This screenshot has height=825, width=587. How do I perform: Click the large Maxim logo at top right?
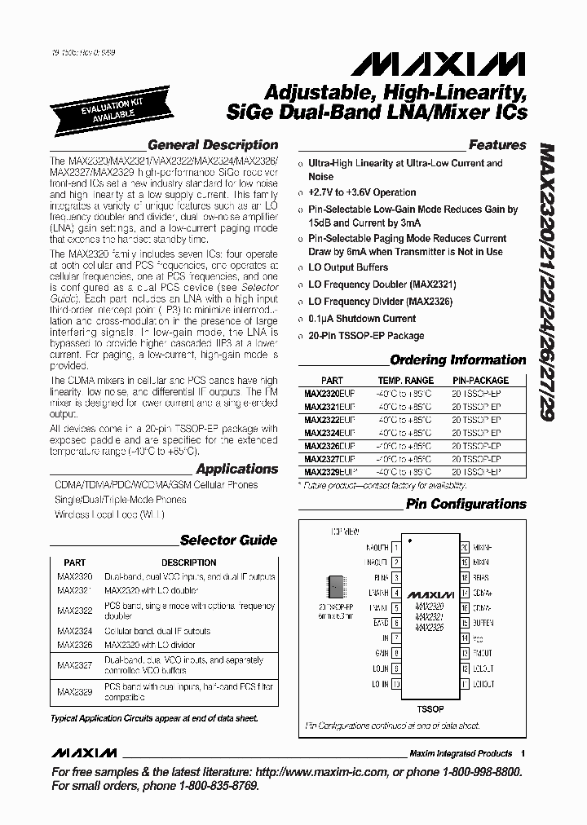(x=469, y=64)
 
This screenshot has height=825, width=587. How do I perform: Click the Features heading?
(x=497, y=145)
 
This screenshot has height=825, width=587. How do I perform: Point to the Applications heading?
(x=236, y=469)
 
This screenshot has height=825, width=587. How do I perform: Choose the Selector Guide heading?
(x=228, y=540)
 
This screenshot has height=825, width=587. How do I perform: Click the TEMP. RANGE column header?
(x=405, y=381)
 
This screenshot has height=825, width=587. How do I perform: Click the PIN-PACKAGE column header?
(x=480, y=381)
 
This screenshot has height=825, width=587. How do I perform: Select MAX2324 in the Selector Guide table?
(x=74, y=631)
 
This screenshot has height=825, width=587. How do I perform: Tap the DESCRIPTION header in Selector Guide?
(x=188, y=562)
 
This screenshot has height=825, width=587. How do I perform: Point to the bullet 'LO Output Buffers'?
(x=348, y=267)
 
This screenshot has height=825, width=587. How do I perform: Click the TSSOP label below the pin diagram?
(x=431, y=709)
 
